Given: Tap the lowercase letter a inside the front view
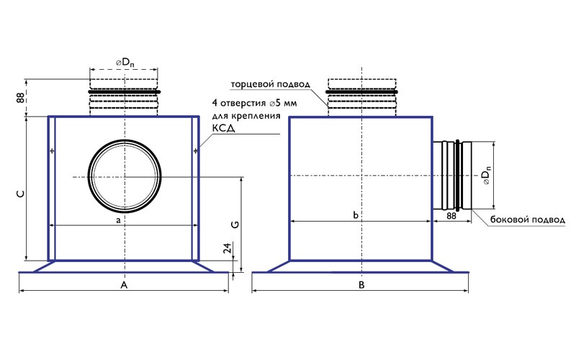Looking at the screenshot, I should (118, 220).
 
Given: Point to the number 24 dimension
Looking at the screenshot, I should (228, 250).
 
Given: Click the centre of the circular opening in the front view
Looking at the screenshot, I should (124, 176).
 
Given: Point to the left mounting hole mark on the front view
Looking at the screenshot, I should (52, 150).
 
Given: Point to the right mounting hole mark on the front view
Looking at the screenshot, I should (196, 150).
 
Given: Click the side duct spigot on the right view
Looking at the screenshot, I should (451, 176).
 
